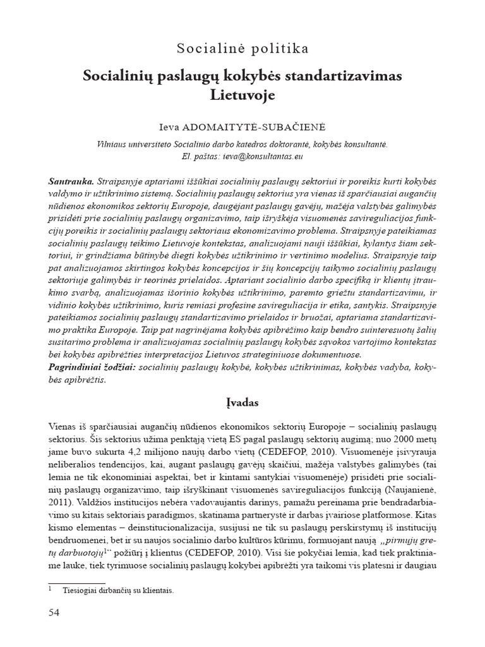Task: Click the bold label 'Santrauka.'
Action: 71,181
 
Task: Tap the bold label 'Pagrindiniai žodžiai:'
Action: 91,368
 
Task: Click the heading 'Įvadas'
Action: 242,402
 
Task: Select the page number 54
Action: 56,613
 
